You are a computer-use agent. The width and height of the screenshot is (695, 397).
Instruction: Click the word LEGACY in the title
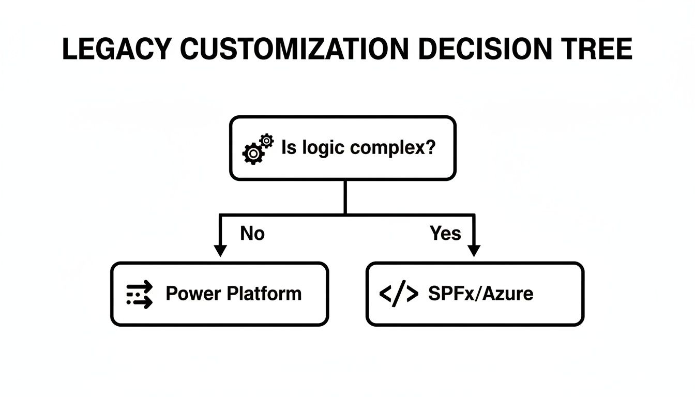click(116, 50)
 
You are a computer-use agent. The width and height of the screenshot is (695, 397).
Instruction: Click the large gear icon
click(252, 154)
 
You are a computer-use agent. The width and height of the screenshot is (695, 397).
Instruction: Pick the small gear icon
click(266, 140)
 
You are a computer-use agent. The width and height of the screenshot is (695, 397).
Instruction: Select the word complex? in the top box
click(392, 148)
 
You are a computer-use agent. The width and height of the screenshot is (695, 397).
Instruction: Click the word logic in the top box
click(323, 148)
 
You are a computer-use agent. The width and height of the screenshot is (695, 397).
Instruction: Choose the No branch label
click(252, 234)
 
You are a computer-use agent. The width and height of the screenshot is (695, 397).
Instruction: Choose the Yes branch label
click(445, 234)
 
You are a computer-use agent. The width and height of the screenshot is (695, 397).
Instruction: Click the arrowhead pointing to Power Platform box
click(220, 251)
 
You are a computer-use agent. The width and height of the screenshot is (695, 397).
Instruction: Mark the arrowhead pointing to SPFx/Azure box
click(474, 251)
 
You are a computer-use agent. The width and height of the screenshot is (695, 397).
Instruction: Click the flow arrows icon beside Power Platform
click(140, 294)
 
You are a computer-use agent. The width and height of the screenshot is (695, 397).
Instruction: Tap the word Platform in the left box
click(265, 294)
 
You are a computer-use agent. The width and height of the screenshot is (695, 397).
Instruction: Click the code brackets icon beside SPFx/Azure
click(399, 294)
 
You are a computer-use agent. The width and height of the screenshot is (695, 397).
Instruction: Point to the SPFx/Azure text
click(480, 294)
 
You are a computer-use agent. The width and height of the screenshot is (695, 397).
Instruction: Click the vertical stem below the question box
click(344, 197)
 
